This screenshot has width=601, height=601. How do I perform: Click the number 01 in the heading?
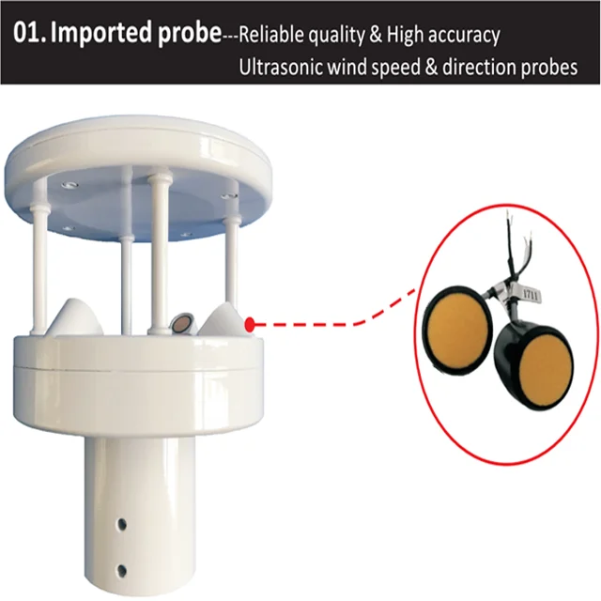(x=28, y=35)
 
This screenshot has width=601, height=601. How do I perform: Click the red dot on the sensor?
(x=250, y=325)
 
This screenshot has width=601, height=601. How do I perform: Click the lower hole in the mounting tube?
(x=122, y=569)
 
